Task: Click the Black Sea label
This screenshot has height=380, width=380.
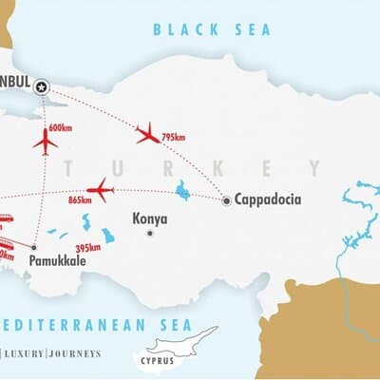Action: click(x=212, y=29)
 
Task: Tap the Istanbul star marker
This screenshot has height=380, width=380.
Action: click(x=41, y=87)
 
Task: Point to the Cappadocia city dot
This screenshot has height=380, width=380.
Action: click(x=226, y=200)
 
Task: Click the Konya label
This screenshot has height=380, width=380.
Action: click(x=150, y=218)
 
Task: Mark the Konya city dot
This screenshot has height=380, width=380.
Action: click(x=149, y=233)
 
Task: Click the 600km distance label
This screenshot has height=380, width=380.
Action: click(x=60, y=129)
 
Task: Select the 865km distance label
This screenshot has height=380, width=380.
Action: click(x=80, y=199)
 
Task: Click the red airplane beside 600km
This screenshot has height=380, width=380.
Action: click(x=45, y=142)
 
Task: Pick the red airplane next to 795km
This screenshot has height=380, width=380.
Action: click(x=147, y=133)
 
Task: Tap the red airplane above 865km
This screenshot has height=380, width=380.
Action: click(x=100, y=189)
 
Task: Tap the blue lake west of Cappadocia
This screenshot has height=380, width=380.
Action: click(x=182, y=190)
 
